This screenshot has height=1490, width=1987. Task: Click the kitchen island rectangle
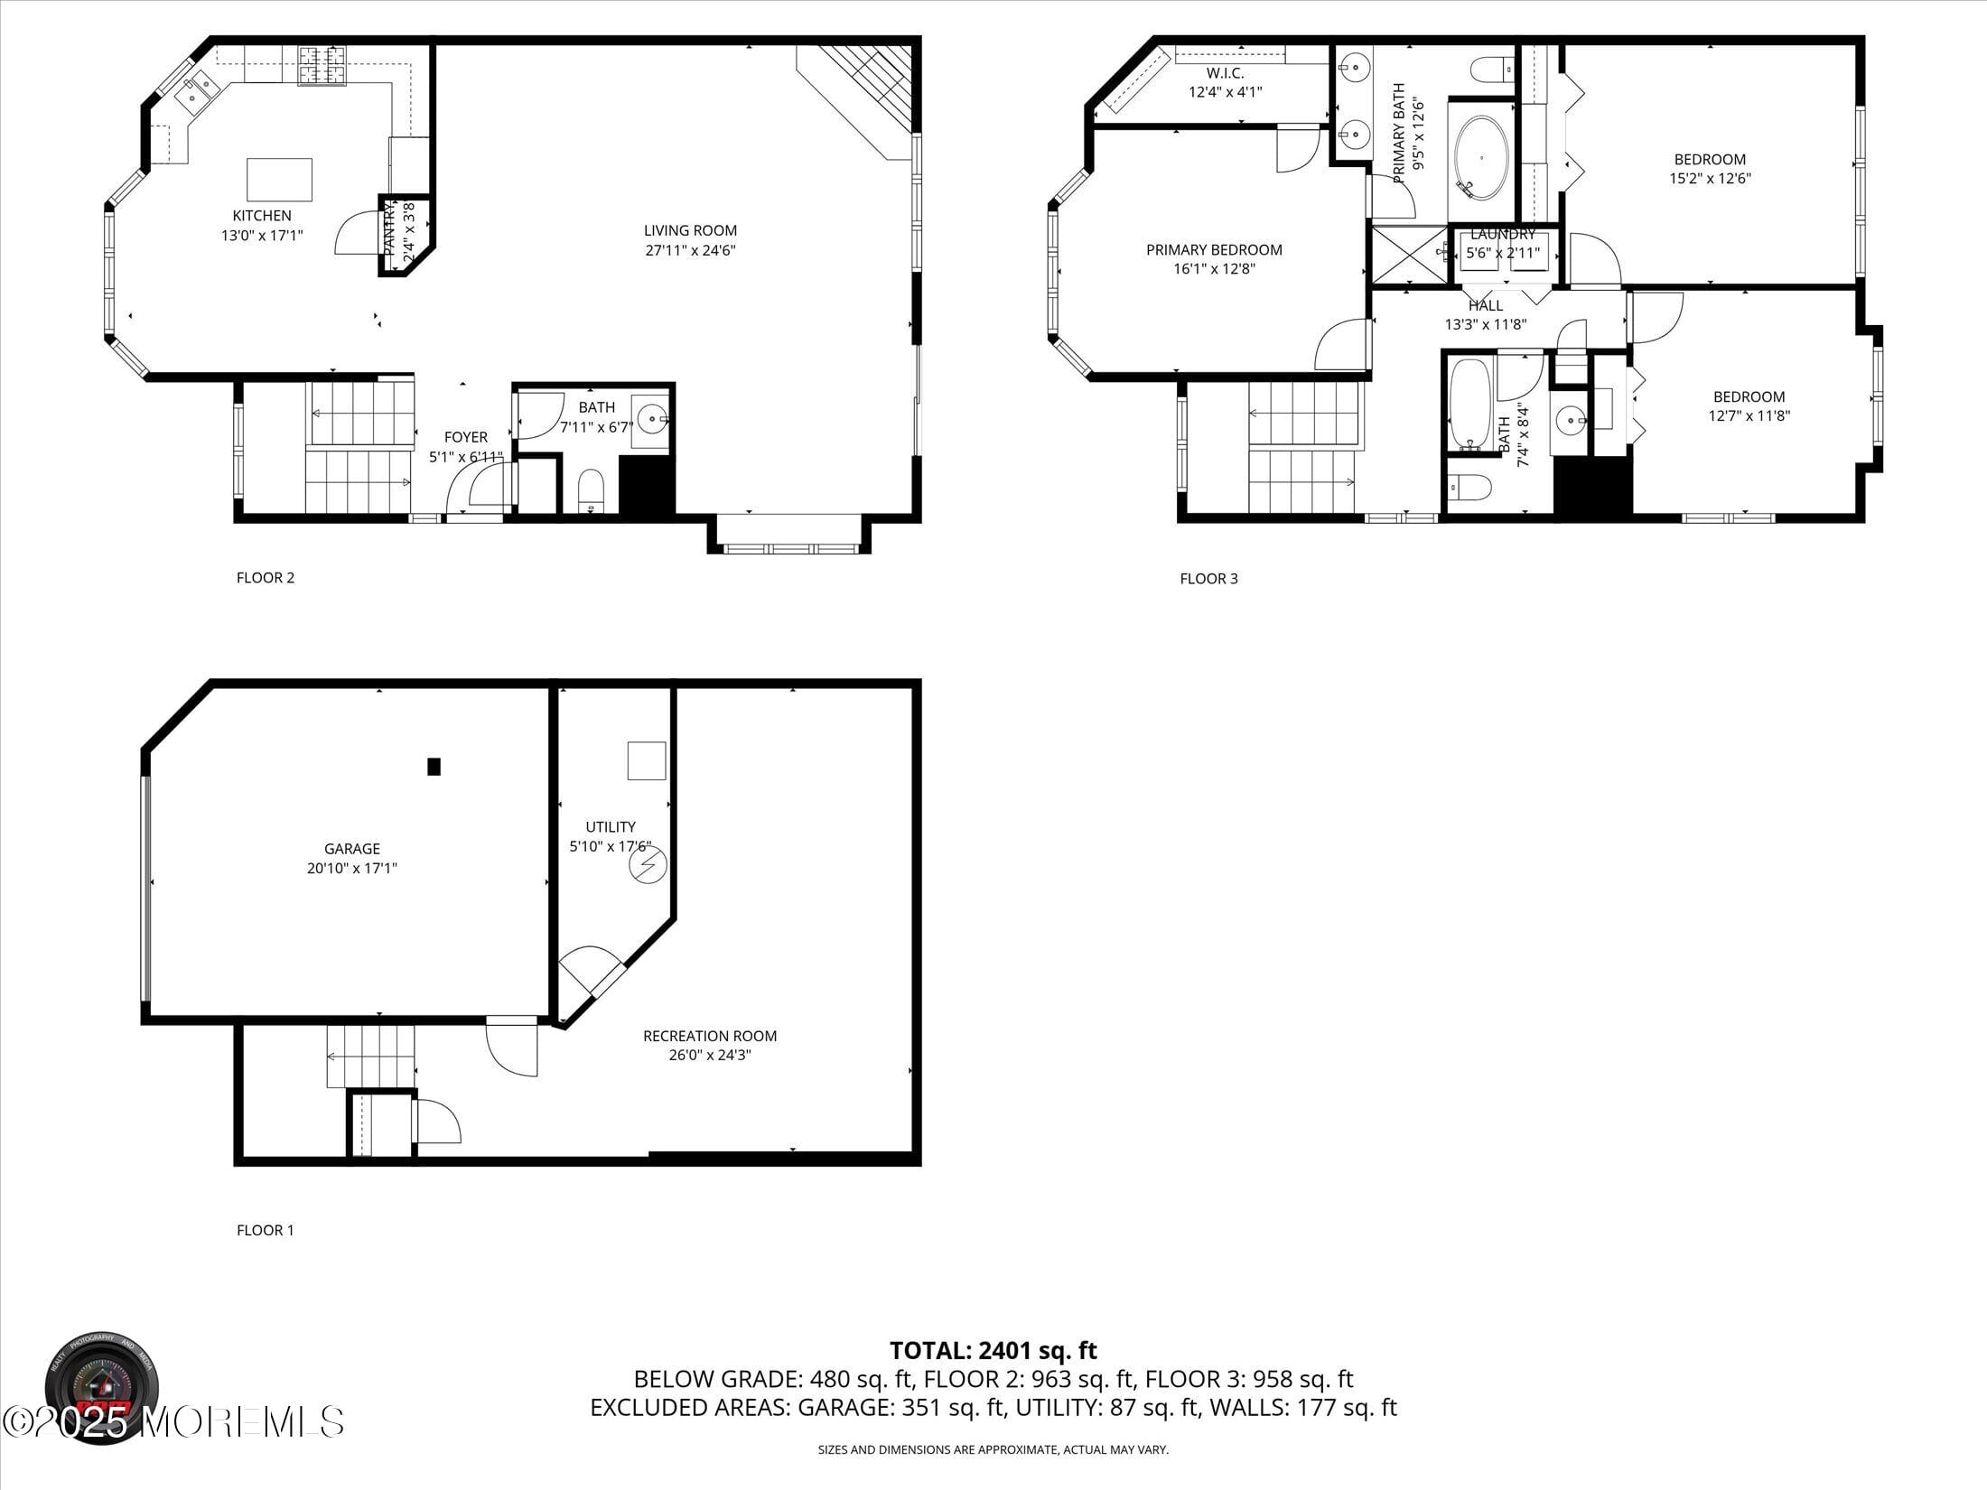280,180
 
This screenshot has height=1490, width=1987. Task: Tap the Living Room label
690,230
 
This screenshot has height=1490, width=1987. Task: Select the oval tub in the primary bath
1482,157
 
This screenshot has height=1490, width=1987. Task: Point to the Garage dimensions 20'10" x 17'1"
352,869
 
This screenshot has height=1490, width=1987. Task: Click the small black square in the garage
434,767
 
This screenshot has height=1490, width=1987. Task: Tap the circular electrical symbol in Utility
648,866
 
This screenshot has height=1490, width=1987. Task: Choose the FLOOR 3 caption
1208,579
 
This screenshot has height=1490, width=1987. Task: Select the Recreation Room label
710,1036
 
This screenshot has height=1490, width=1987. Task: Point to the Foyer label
466,437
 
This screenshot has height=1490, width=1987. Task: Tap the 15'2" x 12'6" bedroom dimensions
1710,179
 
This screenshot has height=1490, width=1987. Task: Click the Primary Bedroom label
1214,250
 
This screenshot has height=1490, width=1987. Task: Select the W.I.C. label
1225,73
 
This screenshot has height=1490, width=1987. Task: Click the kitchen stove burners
322,66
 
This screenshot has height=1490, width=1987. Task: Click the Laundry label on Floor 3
1503,235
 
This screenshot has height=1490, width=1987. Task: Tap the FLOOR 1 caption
266,1230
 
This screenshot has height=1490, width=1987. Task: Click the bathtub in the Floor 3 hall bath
1469,404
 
